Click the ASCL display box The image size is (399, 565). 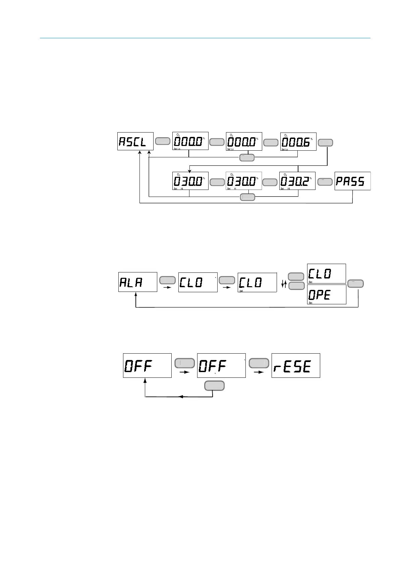[135, 141]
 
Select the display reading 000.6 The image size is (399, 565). [298, 141]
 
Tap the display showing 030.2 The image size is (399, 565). [297, 181]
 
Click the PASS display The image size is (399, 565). [352, 181]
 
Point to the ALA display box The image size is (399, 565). [137, 282]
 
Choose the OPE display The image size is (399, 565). [326, 295]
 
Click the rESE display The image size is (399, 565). [295, 365]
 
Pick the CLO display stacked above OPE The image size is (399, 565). [326, 273]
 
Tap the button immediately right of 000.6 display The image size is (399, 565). [325, 143]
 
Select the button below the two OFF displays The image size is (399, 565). [215, 386]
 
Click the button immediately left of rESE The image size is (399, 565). [259, 363]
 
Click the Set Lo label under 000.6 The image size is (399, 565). [285, 149]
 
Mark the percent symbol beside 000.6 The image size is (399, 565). [311, 139]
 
